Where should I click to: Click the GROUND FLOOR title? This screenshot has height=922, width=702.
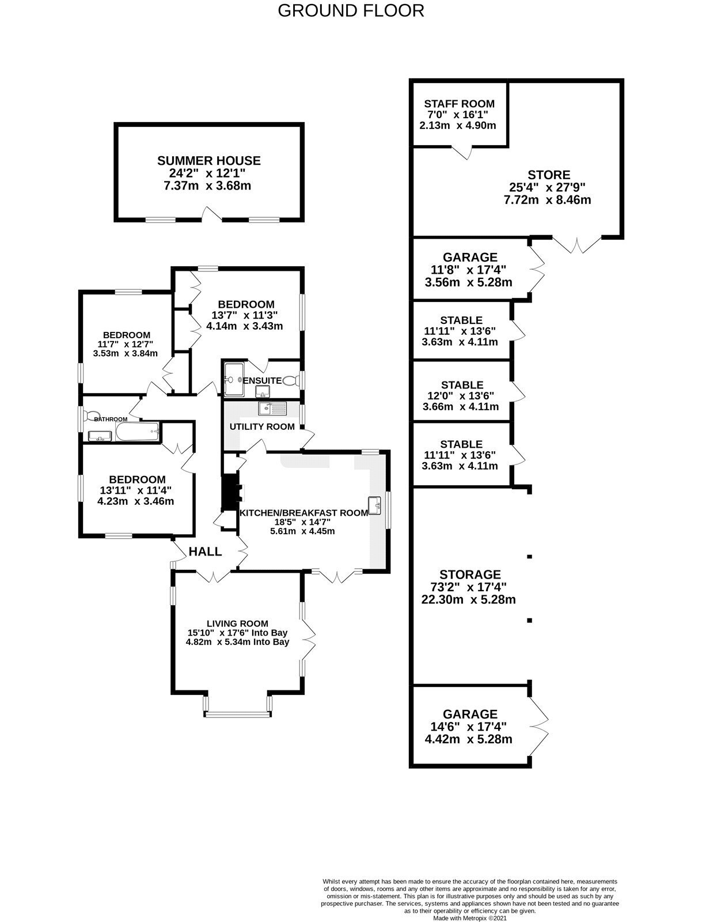(x=351, y=11)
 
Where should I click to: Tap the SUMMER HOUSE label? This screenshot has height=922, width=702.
(x=208, y=160)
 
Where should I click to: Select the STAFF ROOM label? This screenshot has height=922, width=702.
(x=459, y=104)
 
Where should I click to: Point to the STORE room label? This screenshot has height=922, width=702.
(x=549, y=175)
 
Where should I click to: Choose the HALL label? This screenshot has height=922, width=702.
(x=205, y=551)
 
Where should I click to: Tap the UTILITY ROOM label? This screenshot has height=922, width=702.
(x=262, y=427)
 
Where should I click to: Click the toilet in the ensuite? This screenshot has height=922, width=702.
(x=290, y=381)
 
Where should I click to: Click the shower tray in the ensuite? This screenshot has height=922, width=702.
(x=234, y=379)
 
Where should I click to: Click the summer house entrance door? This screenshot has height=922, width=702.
(x=212, y=214)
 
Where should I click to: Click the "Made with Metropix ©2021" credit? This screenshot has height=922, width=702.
(x=470, y=918)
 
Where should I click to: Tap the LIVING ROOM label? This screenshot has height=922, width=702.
(x=237, y=624)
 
